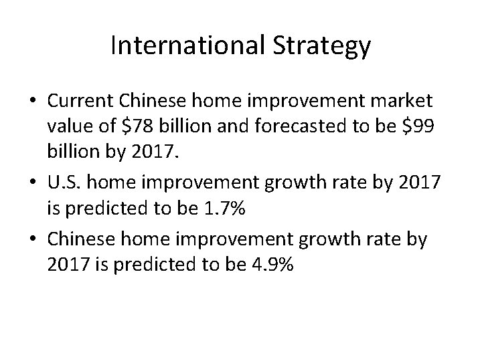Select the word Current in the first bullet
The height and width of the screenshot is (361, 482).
[x=80, y=102]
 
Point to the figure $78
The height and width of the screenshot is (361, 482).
[x=154, y=127]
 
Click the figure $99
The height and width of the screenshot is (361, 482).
[x=420, y=127]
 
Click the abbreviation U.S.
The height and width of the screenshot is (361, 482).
[x=64, y=176]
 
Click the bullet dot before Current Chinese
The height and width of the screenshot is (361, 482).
[x=33, y=103]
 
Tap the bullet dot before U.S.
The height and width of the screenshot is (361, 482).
[x=33, y=176]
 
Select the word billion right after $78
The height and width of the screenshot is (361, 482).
[x=197, y=127]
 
